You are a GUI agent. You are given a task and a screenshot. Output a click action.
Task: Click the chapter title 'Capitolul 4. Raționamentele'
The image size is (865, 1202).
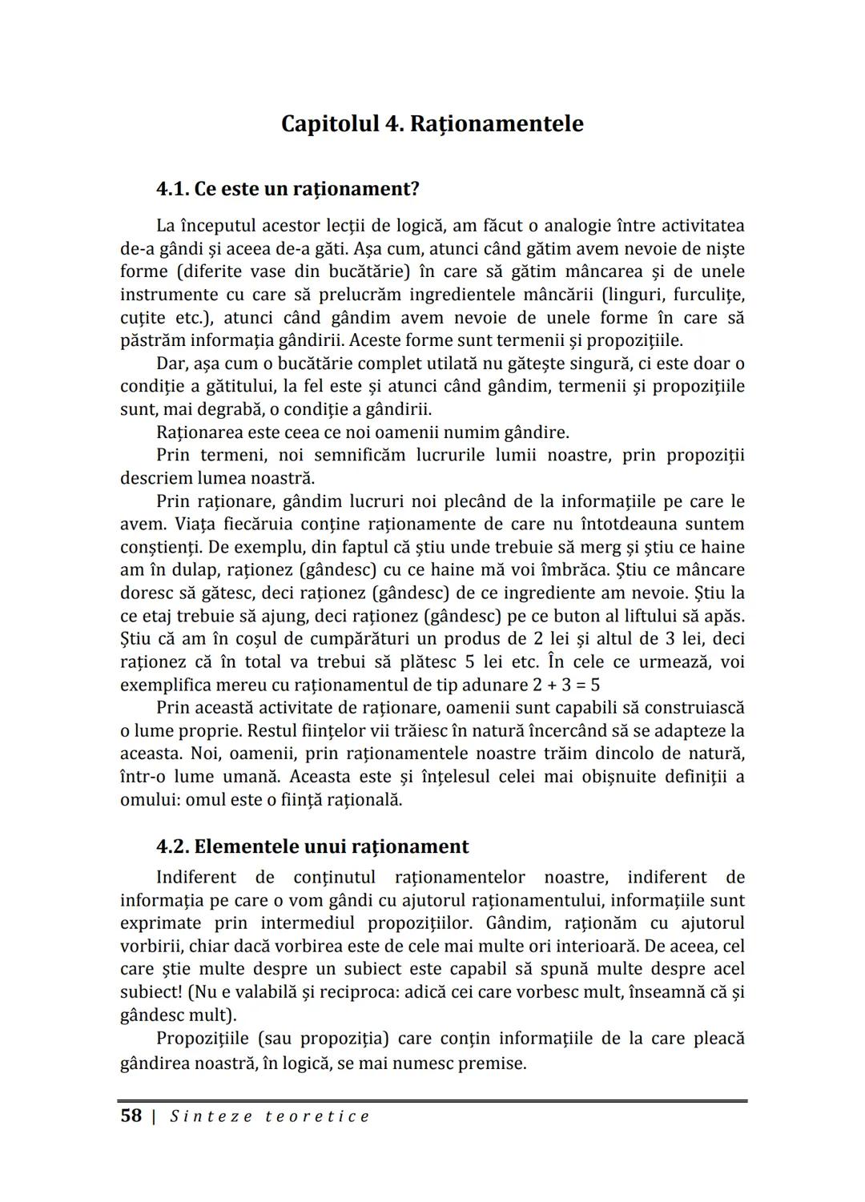tap(432, 124)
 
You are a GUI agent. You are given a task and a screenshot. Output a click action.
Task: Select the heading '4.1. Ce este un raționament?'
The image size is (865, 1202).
tap(288, 189)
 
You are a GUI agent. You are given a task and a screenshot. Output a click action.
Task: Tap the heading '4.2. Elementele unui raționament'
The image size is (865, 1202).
tap(312, 846)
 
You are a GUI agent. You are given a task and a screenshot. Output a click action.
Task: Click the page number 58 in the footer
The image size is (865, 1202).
tap(131, 1116)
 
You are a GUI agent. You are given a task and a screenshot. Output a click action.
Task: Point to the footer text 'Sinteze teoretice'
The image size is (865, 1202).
tap(270, 1116)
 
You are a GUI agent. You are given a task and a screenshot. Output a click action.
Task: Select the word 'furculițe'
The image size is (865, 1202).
tap(709, 294)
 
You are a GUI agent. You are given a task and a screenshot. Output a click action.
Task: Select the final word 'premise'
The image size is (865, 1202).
tap(492, 1063)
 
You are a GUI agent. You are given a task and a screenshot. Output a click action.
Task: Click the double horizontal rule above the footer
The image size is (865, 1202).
tap(432, 1101)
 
